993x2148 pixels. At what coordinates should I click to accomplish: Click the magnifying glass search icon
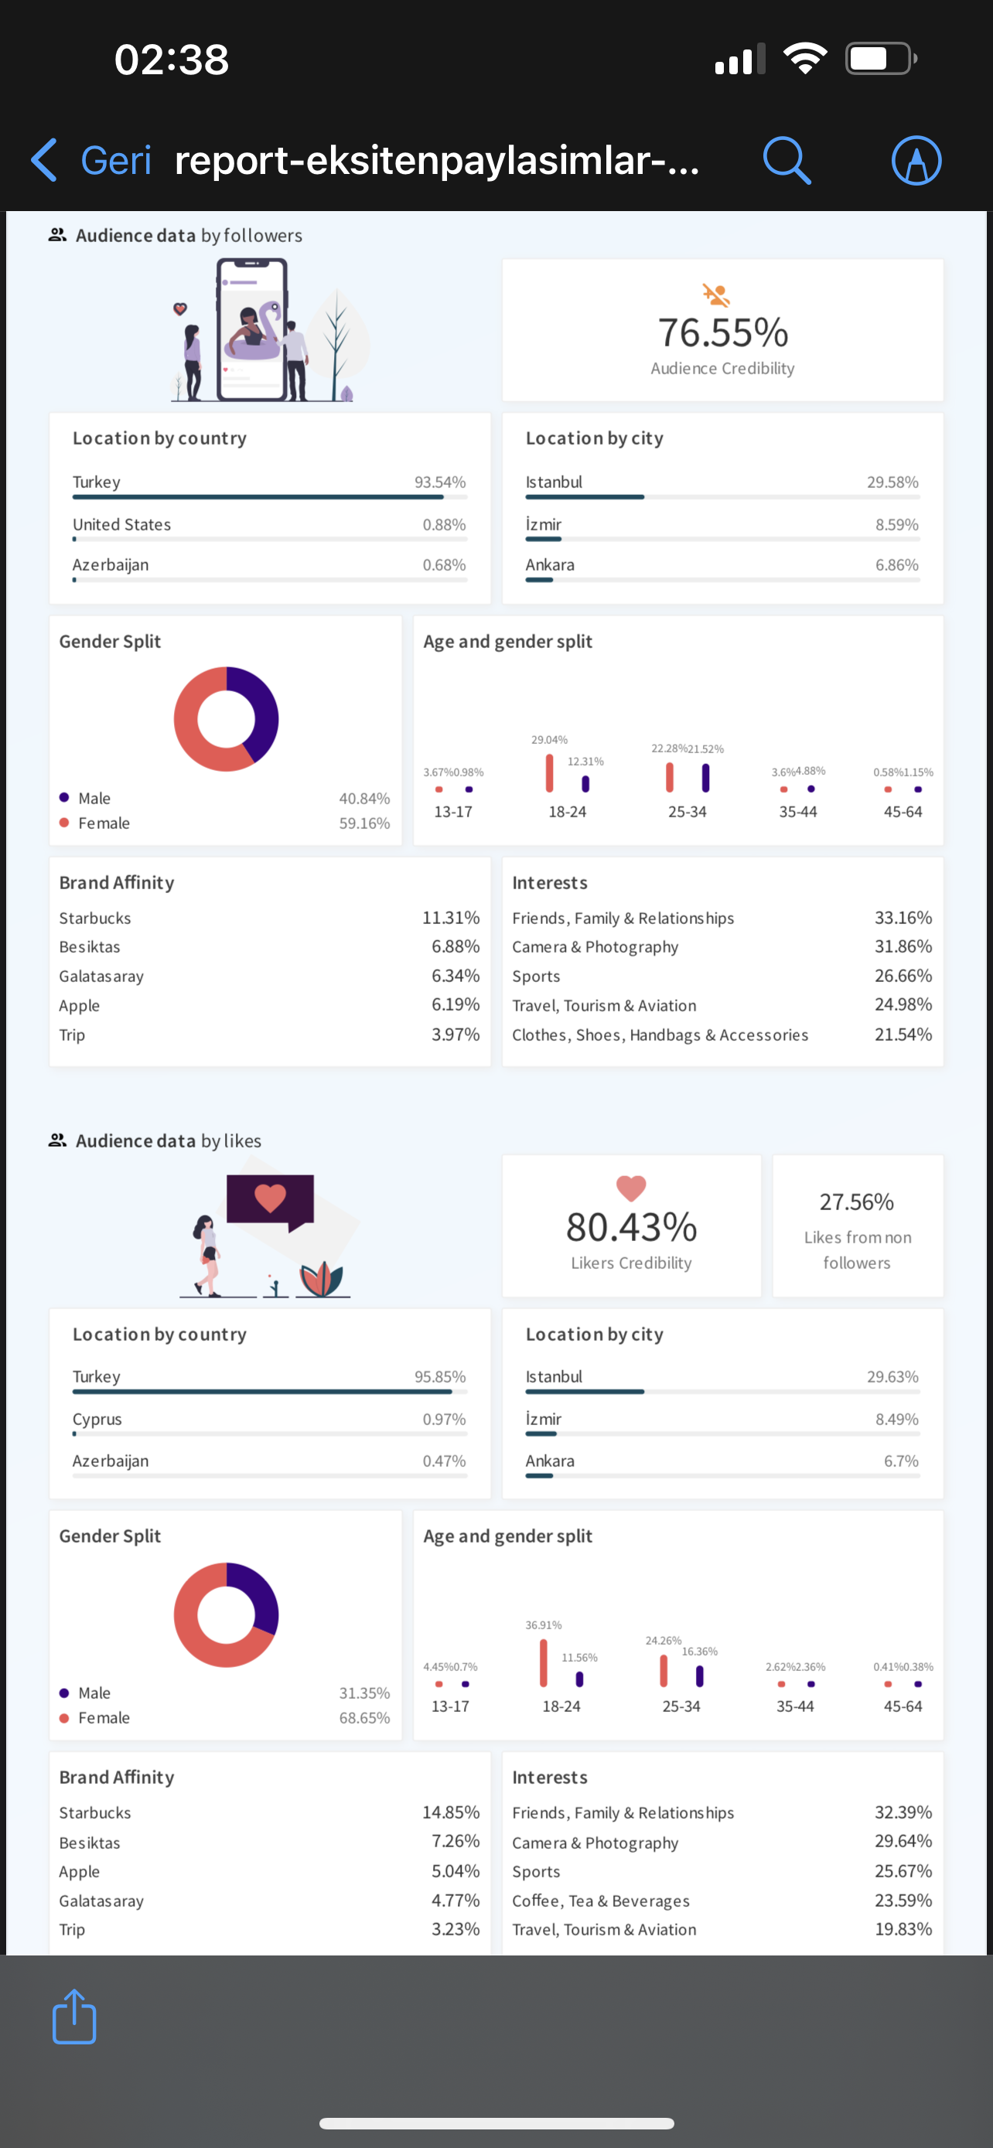(x=787, y=160)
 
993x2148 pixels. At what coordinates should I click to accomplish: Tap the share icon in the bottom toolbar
(x=74, y=2017)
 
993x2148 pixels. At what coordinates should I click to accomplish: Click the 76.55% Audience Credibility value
(x=723, y=332)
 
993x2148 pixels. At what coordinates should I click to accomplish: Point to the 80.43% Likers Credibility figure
(x=631, y=1226)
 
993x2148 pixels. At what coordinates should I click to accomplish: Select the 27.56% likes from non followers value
(x=856, y=1202)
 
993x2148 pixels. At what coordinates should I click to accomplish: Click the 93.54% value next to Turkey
(x=440, y=482)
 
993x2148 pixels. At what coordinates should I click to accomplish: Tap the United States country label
(x=121, y=524)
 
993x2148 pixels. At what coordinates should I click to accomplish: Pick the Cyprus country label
(x=97, y=1419)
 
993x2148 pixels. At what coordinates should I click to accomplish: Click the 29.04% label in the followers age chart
(x=549, y=740)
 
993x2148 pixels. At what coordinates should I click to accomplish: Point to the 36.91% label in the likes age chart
(x=544, y=1625)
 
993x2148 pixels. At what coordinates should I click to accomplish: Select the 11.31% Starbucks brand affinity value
(x=451, y=917)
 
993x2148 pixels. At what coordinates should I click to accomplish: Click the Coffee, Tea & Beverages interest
(x=600, y=1901)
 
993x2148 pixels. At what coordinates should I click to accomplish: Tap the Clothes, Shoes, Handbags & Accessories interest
(x=660, y=1035)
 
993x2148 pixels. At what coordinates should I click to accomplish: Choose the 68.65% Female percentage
(x=364, y=1718)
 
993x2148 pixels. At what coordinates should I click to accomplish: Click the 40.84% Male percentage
(x=364, y=798)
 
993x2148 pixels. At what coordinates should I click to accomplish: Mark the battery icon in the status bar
(x=882, y=58)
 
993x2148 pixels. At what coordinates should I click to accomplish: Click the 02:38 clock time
(x=172, y=60)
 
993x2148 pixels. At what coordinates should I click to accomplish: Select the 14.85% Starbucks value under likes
(x=451, y=1812)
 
